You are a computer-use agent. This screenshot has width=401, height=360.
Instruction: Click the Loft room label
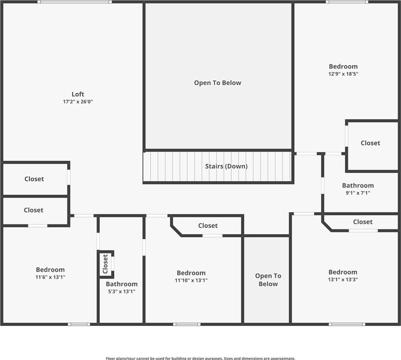pyautogui.click(x=78, y=94)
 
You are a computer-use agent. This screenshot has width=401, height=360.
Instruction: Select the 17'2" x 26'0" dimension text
pyautogui.click(x=78, y=102)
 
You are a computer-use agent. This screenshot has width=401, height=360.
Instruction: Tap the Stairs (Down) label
pyautogui.click(x=226, y=166)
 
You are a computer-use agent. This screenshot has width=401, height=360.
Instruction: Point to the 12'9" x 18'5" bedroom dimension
pyautogui.click(x=343, y=74)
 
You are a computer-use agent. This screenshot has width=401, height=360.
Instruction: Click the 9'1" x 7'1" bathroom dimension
pyautogui.click(x=358, y=193)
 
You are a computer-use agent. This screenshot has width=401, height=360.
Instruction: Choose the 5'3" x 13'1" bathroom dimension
pyautogui.click(x=121, y=291)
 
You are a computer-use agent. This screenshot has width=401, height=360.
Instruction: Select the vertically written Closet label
pyautogui.click(x=105, y=264)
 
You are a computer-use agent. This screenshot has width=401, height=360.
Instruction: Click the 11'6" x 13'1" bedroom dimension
pyautogui.click(x=50, y=277)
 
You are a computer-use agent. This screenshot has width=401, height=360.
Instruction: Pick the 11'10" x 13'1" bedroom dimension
pyautogui.click(x=191, y=280)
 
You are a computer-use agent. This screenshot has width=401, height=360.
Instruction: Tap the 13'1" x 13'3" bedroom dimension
pyautogui.click(x=343, y=279)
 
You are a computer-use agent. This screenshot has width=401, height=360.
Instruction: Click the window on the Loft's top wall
pyautogui.click(x=75, y=2)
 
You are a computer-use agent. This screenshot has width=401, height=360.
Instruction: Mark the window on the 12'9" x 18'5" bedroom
pyautogui.click(x=347, y=2)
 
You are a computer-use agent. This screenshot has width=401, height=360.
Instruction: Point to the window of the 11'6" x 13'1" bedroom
pyautogui.click(x=79, y=324)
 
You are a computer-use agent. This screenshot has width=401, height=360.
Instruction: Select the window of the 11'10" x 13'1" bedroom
pyautogui.click(x=187, y=324)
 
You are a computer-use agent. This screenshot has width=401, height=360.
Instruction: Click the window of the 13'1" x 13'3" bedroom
pyautogui.click(x=347, y=324)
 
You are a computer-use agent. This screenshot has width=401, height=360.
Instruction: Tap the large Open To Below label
pyautogui.click(x=218, y=83)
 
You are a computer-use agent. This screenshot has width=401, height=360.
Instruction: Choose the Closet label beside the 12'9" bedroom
pyautogui.click(x=370, y=143)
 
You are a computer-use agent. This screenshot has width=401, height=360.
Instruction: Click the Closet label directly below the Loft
pyautogui.click(x=34, y=179)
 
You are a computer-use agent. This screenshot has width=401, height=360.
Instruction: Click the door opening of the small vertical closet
pyautogui.click(x=113, y=263)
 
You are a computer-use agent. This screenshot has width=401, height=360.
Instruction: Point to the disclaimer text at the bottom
pyautogui.click(x=200, y=358)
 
